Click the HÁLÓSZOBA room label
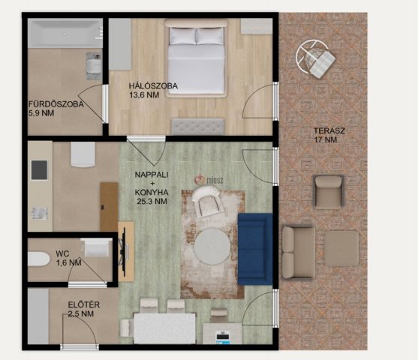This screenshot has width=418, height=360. tap(153, 86)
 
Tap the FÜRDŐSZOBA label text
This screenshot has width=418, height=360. tap(56, 104)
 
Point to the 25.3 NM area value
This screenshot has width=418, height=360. tap(152, 201)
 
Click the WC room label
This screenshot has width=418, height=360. tap(62, 253)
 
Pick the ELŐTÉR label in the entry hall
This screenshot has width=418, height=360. tap(84, 304)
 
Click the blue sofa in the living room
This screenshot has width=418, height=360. tap(255, 249)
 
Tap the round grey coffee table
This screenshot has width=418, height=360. tap(212, 247)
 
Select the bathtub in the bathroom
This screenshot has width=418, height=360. tap(65, 33)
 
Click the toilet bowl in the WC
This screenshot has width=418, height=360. tap(39, 259)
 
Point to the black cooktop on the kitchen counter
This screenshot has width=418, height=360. tap(40, 170)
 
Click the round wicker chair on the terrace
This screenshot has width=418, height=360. tap(315, 58)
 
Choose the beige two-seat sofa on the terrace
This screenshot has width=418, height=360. tap(299, 252)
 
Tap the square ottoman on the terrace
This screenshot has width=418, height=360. tap(341, 248)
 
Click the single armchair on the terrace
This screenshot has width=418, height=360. tap(329, 191)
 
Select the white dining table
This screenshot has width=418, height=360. tap(165, 328)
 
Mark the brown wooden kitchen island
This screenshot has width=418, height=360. tap(109, 207)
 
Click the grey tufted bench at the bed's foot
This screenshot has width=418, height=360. tap(198, 127)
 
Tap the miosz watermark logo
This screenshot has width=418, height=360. tap(209, 180)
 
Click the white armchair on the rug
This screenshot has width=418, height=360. tap(209, 202)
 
